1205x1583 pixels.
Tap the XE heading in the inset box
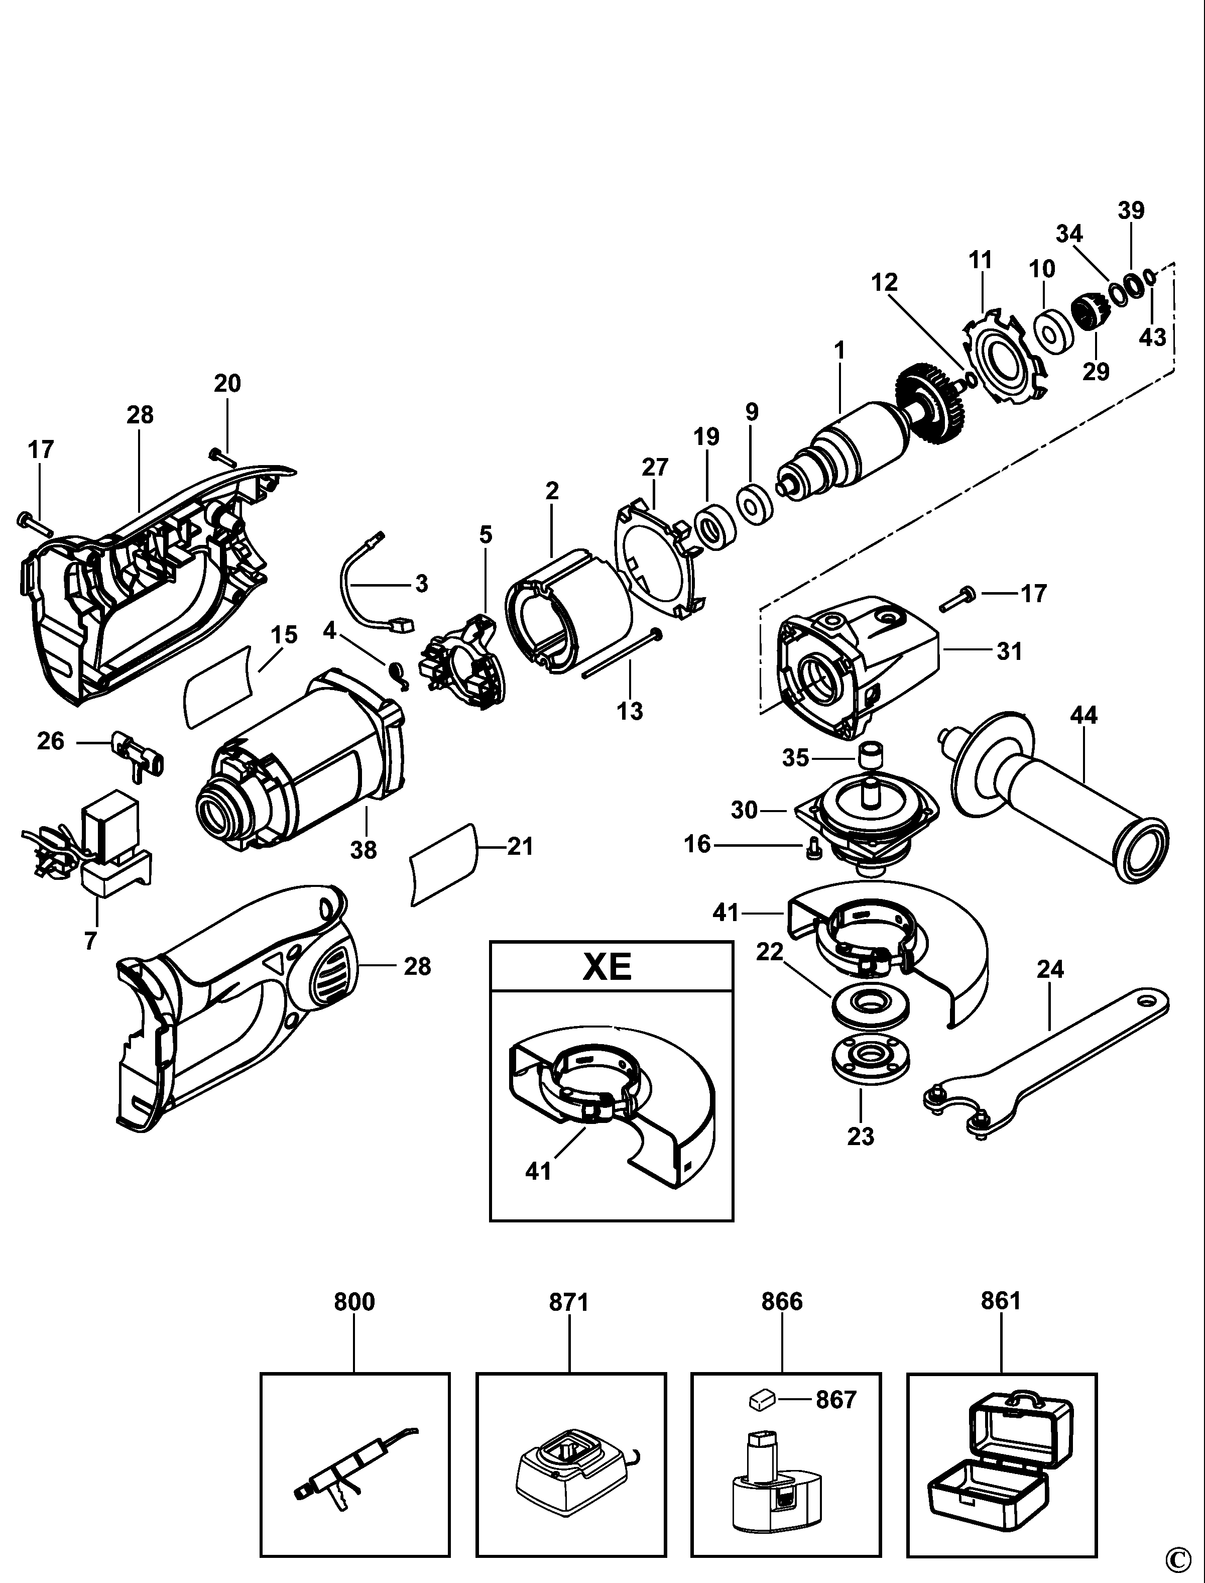(607, 968)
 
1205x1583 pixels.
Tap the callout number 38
(364, 850)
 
